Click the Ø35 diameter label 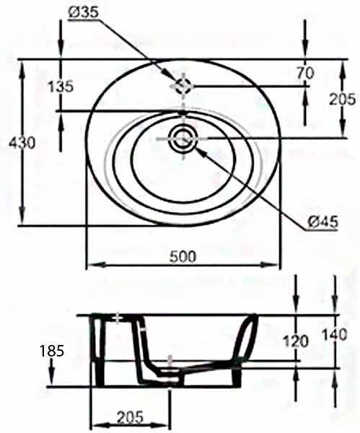(x=83, y=12)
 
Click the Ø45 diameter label (x=322, y=222)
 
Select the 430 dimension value (x=22, y=144)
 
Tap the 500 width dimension (x=183, y=256)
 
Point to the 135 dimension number (x=61, y=87)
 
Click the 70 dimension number (x=306, y=73)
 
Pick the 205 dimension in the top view (x=343, y=100)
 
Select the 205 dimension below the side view (x=130, y=417)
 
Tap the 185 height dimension (x=52, y=351)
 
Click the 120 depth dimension (x=296, y=341)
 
